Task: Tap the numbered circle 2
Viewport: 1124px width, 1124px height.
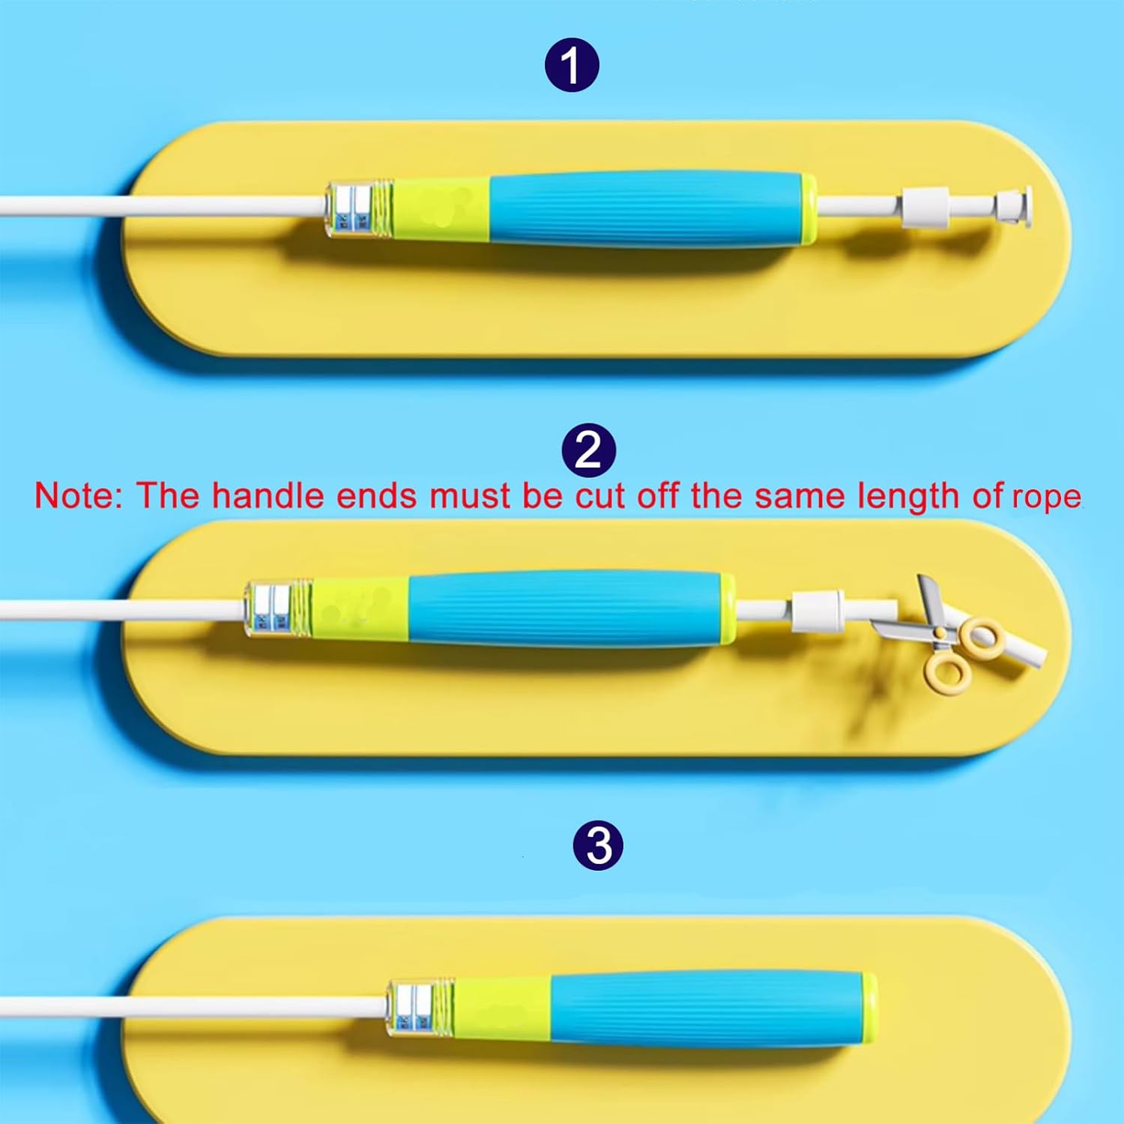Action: pyautogui.click(x=589, y=451)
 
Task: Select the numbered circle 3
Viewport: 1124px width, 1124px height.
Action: pyautogui.click(x=598, y=846)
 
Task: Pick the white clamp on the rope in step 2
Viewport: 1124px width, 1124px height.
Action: pyautogui.click(x=816, y=608)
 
